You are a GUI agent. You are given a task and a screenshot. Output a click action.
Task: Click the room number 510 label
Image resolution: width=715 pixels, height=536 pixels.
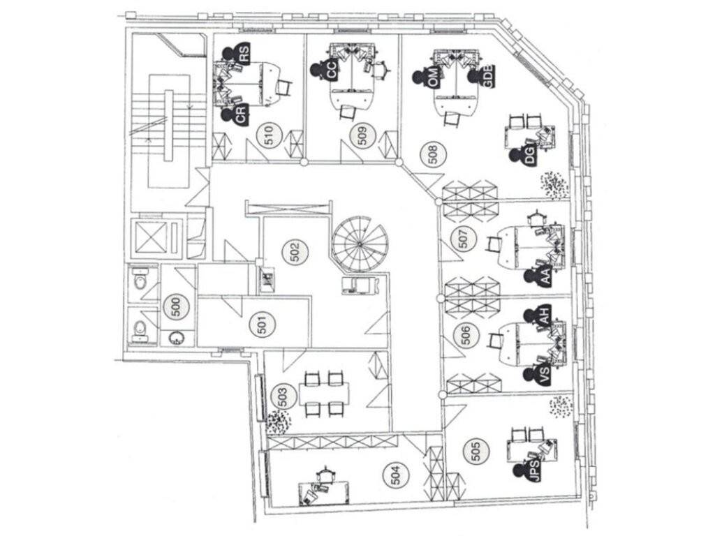tap(268, 136)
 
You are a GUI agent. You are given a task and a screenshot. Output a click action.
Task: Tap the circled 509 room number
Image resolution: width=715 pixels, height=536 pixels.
tap(362, 136)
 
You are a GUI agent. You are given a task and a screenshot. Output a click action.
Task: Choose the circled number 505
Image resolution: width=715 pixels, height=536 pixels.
tap(476, 454)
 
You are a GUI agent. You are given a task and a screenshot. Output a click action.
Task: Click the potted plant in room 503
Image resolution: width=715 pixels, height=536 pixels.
tap(278, 422)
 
